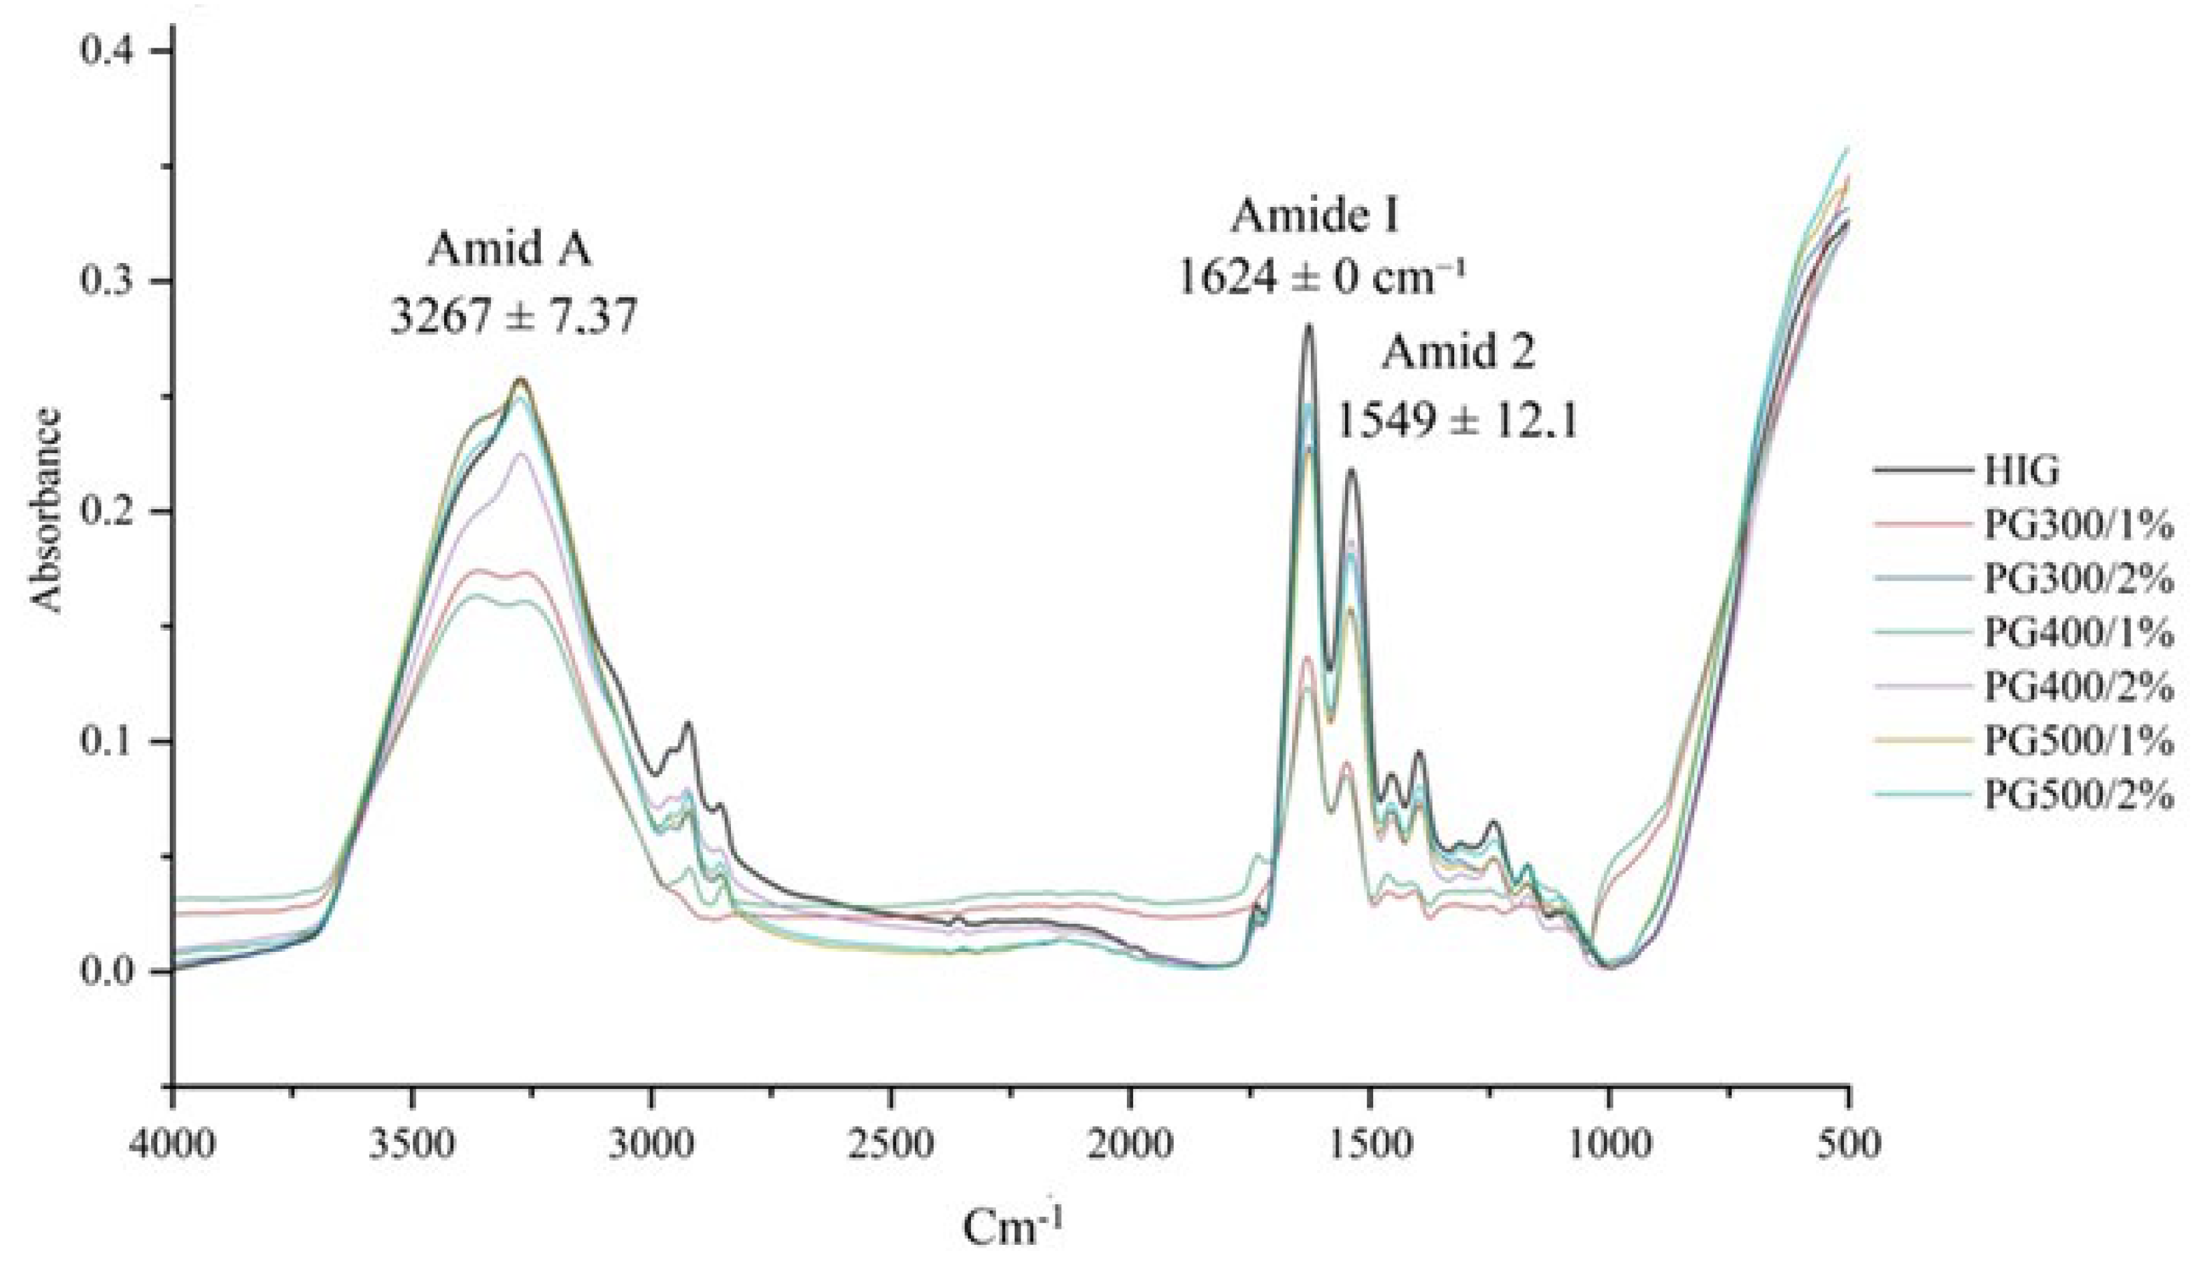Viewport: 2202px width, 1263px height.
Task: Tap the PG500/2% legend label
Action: tap(2079, 794)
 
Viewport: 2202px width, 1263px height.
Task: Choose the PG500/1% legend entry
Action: tap(2079, 742)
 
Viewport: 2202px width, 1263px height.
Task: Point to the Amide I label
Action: tap(1315, 216)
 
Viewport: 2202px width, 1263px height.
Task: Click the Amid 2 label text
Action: tap(1458, 354)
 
